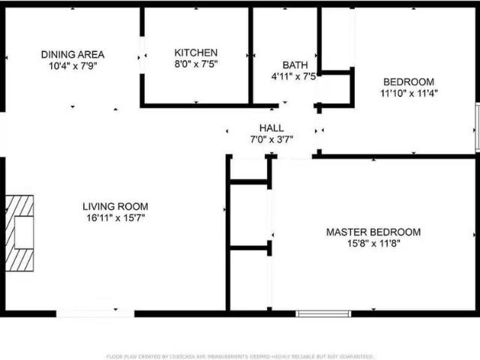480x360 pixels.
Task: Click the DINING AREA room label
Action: pyautogui.click(x=73, y=54)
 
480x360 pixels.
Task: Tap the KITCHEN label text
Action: pyautogui.click(x=196, y=52)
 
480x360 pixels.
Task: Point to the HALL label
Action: pyautogui.click(x=271, y=128)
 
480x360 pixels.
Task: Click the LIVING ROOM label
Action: pyautogui.click(x=115, y=206)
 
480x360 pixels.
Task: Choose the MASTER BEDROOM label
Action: pyautogui.click(x=373, y=232)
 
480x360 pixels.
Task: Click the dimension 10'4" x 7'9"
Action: pyautogui.click(x=73, y=66)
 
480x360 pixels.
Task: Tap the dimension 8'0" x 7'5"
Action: pyautogui.click(x=196, y=64)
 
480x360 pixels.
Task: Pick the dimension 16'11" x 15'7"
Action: pyautogui.click(x=115, y=218)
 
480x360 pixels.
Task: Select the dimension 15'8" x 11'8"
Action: pyautogui.click(x=373, y=244)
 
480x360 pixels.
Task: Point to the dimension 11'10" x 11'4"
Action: pyautogui.click(x=409, y=94)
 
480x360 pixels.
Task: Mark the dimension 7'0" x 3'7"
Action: pyautogui.click(x=271, y=139)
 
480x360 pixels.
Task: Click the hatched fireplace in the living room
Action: pyautogui.click(x=20, y=232)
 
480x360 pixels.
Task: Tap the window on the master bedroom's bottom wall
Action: pyautogui.click(x=323, y=313)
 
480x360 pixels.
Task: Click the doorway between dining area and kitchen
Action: pyautogui.click(x=142, y=54)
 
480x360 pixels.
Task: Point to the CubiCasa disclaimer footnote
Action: pyautogui.click(x=240, y=356)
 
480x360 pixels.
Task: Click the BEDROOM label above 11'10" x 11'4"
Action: pyautogui.click(x=409, y=82)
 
